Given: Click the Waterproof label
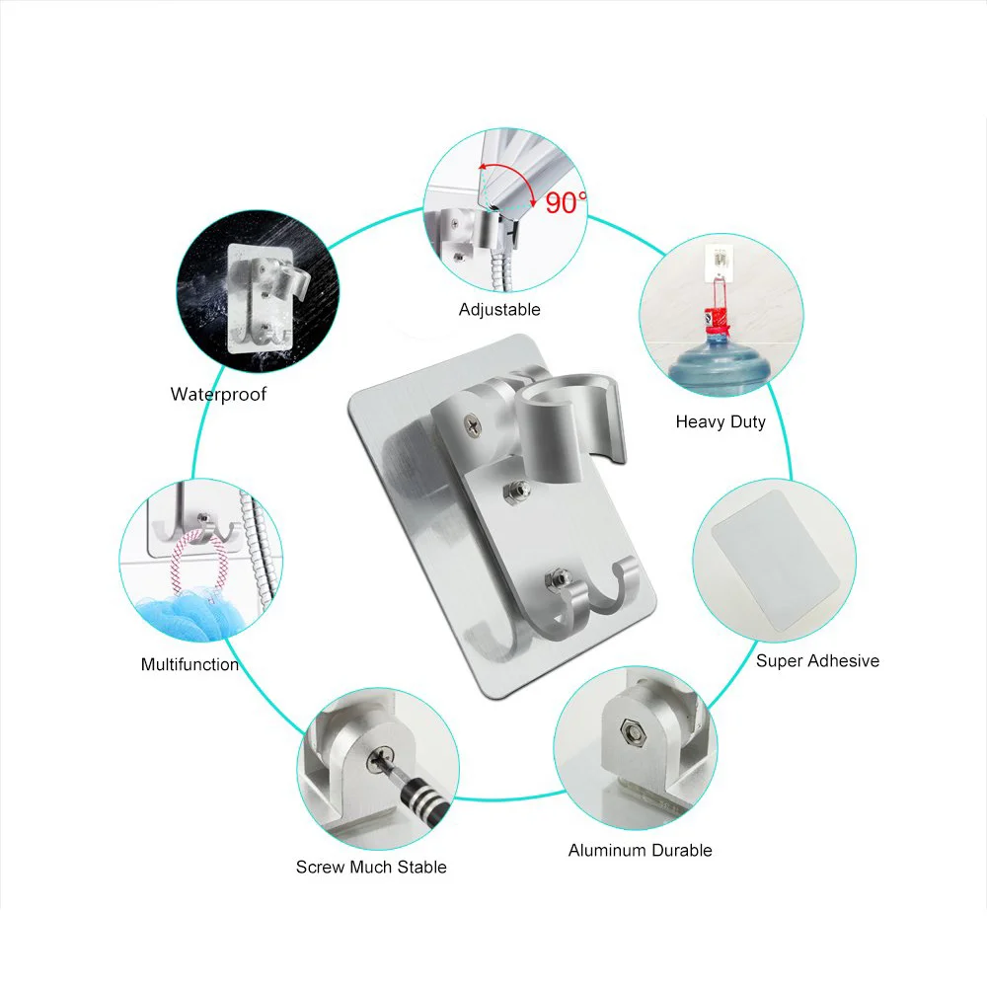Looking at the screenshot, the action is (218, 394).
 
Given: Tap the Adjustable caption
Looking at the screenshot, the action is (499, 309).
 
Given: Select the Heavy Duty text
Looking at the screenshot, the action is (721, 421).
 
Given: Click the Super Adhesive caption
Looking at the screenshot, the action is (817, 660).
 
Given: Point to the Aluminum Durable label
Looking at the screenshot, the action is (641, 850).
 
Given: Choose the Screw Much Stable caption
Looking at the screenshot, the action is (371, 867).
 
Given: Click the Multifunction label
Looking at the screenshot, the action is (190, 664).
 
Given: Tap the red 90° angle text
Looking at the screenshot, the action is (566, 202).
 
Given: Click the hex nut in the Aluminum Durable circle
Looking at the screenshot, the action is (632, 732).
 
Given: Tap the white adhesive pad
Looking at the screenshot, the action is (775, 562).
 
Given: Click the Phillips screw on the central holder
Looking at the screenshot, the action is (472, 425).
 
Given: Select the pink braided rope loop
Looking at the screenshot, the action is (197, 562).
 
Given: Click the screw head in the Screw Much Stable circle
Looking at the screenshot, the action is (381, 759).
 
